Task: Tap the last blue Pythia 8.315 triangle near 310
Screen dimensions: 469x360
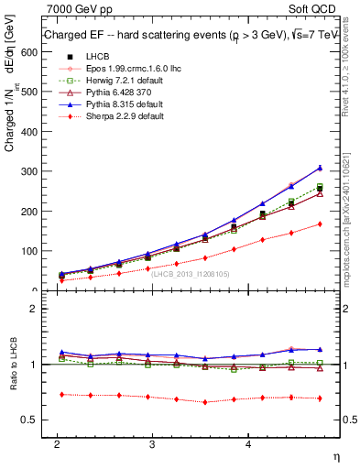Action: click(320, 168)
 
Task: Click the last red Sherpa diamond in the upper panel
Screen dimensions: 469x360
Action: click(320, 224)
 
